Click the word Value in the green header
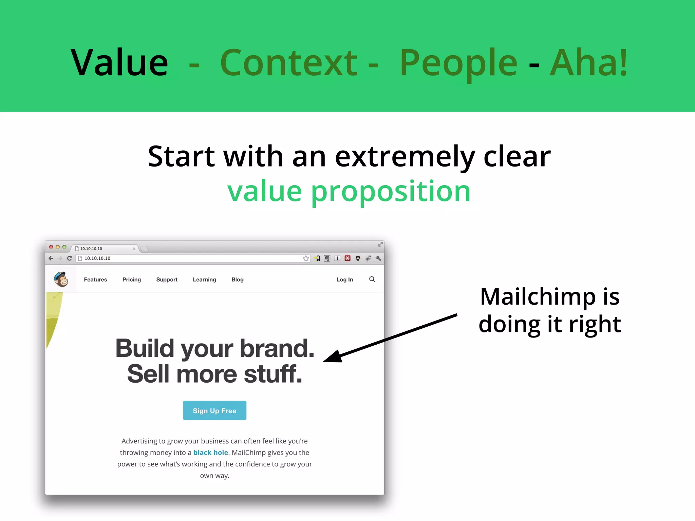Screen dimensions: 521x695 [119, 63]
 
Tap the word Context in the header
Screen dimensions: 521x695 [289, 63]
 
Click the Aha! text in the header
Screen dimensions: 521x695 [589, 63]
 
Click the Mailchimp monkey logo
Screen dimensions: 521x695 [61, 279]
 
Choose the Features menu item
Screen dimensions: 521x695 [95, 279]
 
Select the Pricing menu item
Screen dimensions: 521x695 [132, 279]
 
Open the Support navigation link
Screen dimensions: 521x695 [167, 279]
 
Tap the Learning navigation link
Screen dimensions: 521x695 [204, 279]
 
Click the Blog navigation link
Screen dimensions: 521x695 [238, 279]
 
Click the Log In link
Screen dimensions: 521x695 [344, 279]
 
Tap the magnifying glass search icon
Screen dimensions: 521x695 [372, 279]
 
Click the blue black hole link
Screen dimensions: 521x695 [210, 452]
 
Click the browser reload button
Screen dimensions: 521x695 [70, 258]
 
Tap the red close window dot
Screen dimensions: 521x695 [51, 247]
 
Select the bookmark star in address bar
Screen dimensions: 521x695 [306, 258]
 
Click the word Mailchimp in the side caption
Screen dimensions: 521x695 [538, 297]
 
